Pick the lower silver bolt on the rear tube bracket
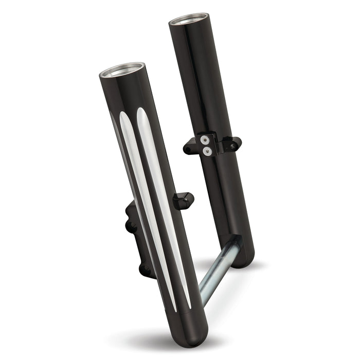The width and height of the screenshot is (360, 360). (x=206, y=151)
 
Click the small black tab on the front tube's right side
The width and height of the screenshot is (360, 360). (x=183, y=200)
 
